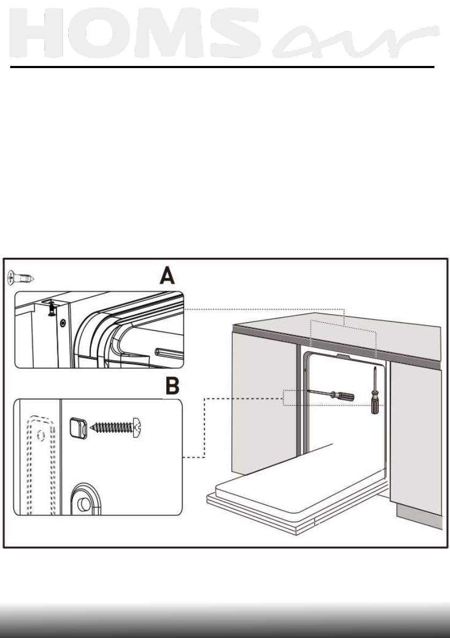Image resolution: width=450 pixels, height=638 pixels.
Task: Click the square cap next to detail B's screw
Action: pos(76,428)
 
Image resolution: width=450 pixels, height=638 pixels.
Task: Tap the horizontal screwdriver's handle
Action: pos(344,397)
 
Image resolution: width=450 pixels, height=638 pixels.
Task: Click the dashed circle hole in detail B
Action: pos(39,437)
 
